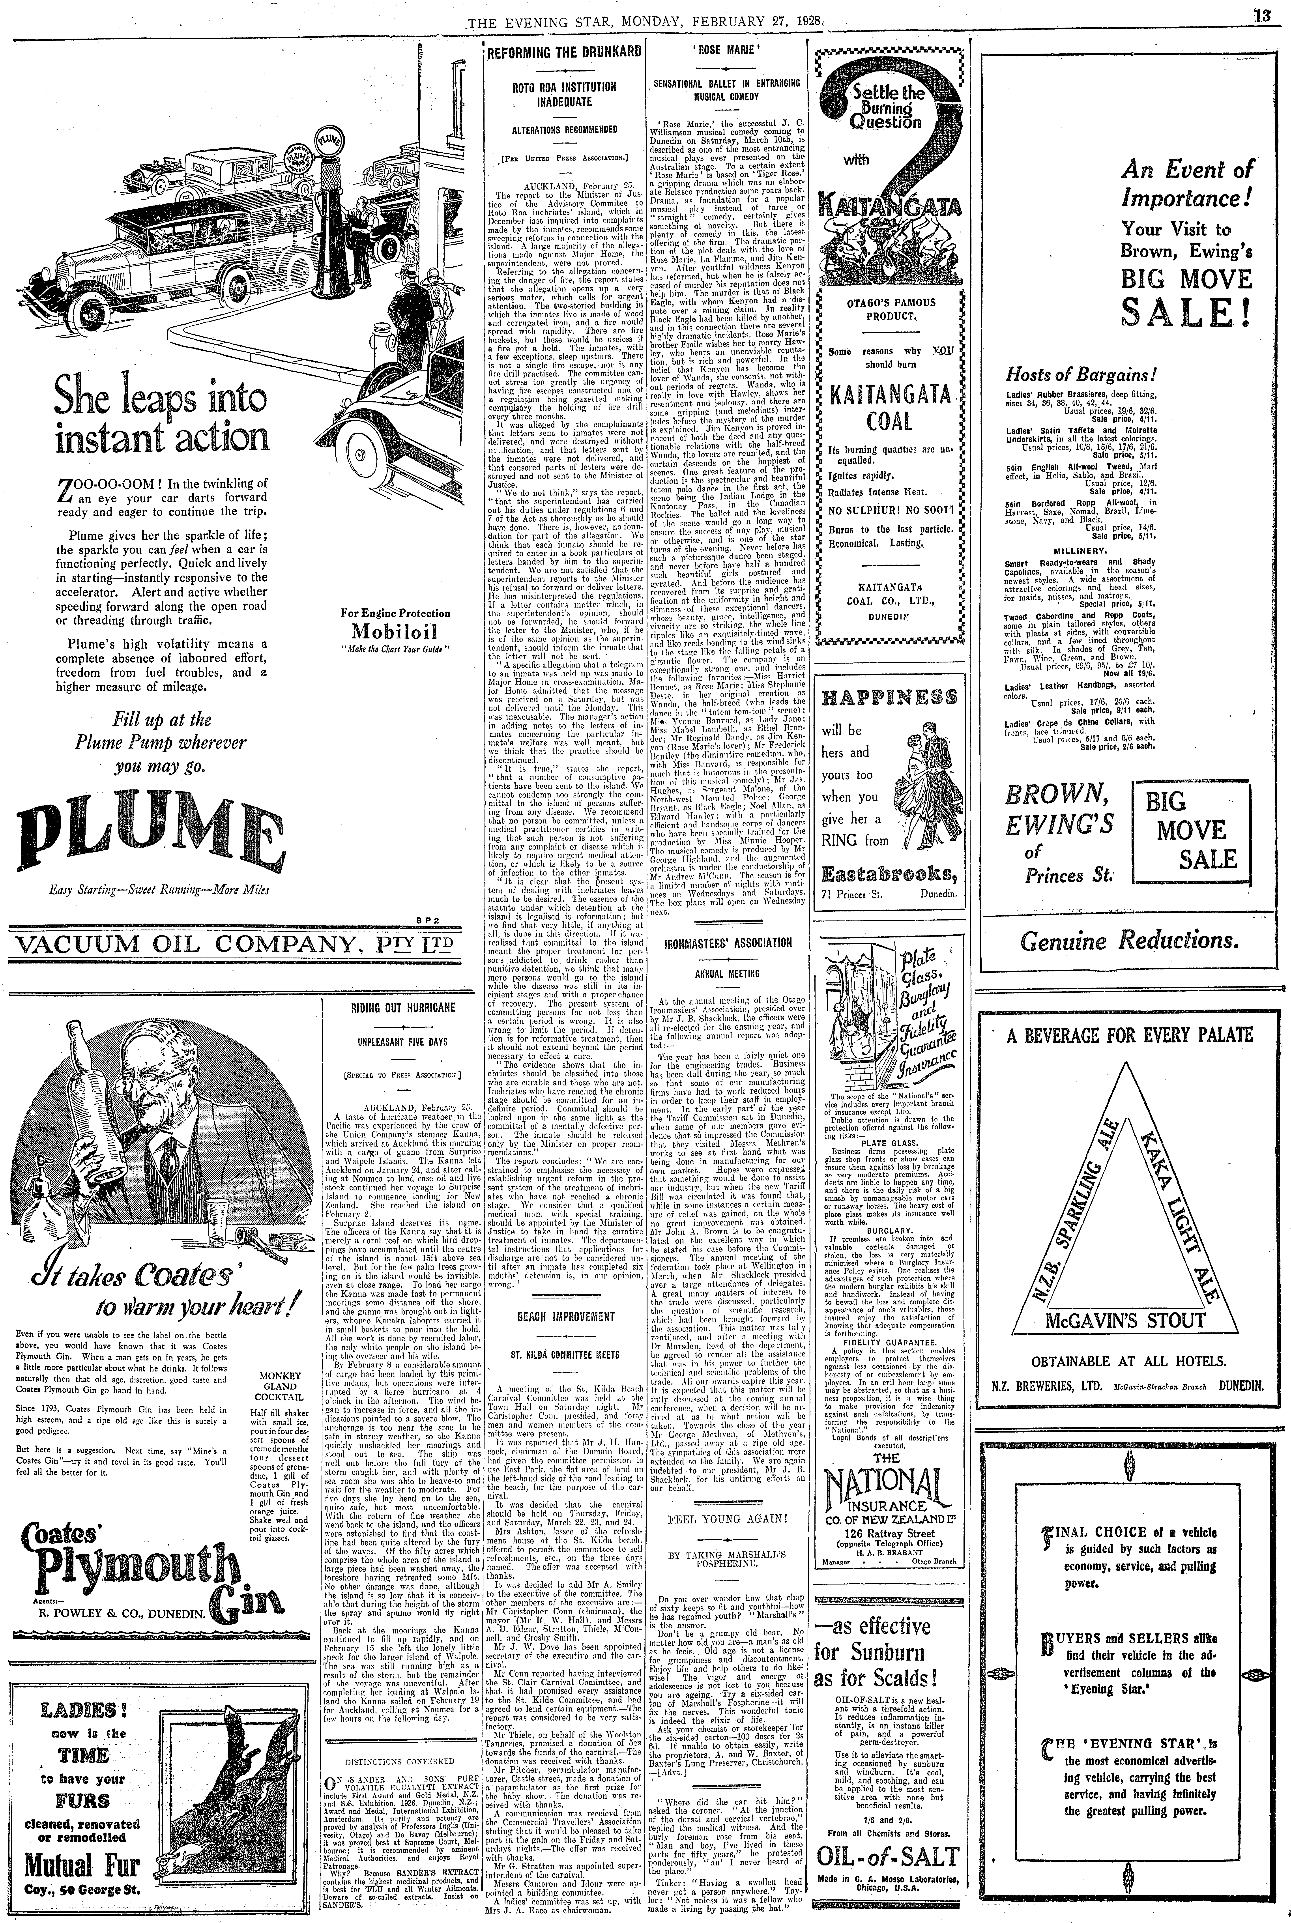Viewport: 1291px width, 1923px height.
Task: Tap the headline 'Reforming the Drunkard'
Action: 564,52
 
